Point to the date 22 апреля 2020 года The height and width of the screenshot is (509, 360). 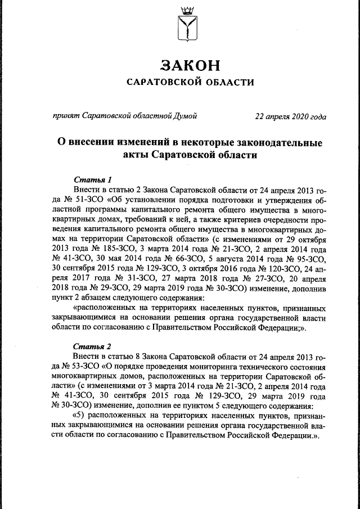point(290,116)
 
